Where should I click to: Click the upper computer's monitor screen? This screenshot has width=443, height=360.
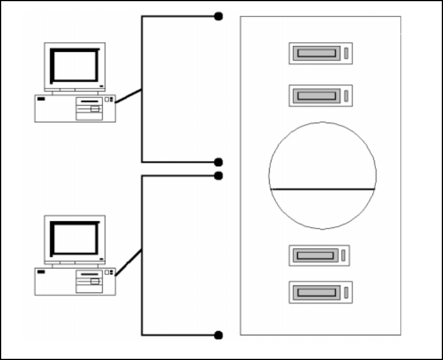75,65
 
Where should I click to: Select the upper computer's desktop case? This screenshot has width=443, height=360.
75,108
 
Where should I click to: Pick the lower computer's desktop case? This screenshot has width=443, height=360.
75,281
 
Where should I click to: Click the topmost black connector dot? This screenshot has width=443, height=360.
219,16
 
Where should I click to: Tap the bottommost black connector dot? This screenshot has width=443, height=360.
219,335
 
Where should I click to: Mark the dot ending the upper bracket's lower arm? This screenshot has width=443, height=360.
219,162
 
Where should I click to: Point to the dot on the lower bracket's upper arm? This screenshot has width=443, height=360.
219,176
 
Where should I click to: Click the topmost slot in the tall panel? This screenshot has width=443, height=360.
317,53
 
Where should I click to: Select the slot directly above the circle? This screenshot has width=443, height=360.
317,95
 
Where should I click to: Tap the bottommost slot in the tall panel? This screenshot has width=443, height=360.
317,292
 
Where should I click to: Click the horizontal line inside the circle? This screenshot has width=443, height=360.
322,189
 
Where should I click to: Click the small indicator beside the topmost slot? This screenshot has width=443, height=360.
346,53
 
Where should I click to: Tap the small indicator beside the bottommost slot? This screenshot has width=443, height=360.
346,292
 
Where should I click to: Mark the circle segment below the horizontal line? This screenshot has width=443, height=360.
322,208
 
